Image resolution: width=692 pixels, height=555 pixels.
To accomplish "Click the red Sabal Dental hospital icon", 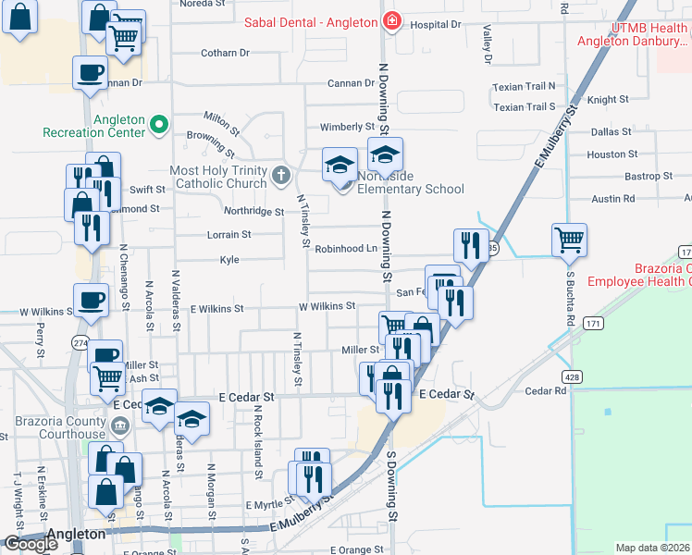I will pos(393,20).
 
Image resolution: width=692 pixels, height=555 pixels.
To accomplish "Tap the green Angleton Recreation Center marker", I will pos(158,122).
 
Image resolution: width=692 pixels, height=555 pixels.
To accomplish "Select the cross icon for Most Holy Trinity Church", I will pos(281,174).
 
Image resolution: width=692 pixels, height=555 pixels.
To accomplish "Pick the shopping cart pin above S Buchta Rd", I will pos(569,240).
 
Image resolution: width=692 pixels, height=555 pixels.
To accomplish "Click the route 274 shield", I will pos(81,342).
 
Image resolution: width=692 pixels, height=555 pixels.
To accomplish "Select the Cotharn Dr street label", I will pos(226,53).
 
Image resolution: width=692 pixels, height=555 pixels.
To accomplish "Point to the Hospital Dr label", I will pos(435,25).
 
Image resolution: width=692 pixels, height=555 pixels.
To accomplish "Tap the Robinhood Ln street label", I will pos(345,249).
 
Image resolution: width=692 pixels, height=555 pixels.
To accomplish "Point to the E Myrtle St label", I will pos(269,505).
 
